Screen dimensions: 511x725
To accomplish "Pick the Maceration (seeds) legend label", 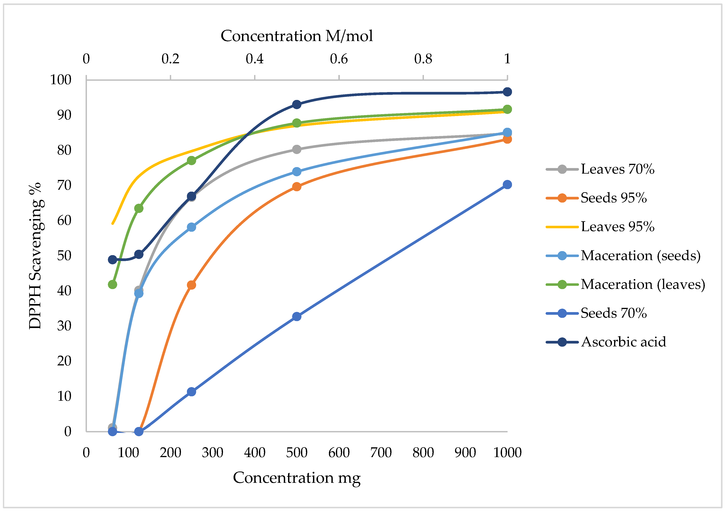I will pos(640,255).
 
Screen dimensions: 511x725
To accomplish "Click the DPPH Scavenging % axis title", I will pos(35,256).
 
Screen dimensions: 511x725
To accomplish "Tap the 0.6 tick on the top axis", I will pos(339,59).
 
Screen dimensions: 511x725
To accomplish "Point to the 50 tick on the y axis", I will pos(64,256).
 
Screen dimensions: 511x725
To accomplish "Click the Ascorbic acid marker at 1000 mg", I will pos(507,92).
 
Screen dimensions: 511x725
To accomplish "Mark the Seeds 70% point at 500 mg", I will pos(296,316).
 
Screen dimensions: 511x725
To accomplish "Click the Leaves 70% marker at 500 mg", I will pos(296,149).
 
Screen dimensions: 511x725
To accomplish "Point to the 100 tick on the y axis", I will pos(61,80).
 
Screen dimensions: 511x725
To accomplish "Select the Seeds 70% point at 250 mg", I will pos(191,392).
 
